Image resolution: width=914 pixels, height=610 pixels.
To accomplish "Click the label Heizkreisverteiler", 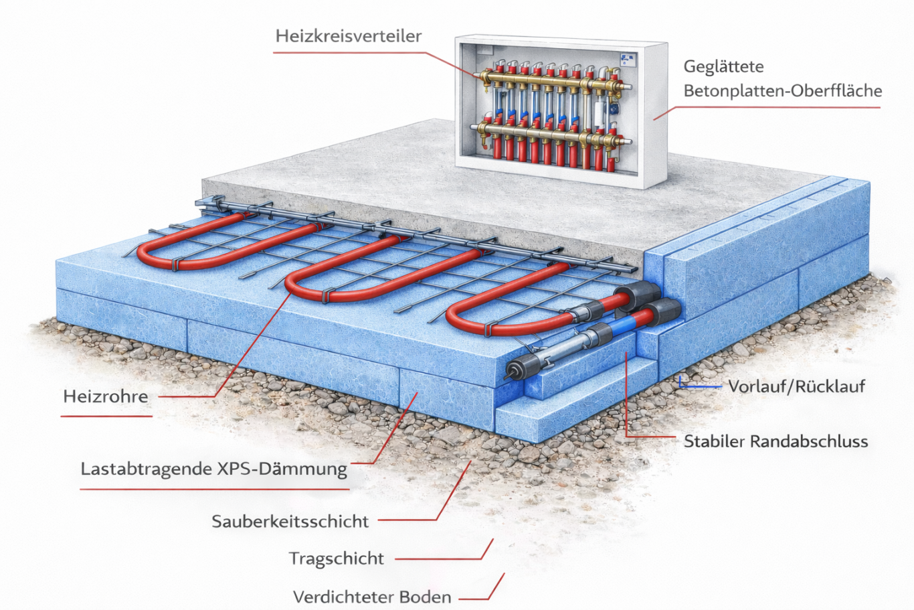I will (348, 35).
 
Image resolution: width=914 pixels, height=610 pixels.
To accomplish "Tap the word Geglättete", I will (723, 67).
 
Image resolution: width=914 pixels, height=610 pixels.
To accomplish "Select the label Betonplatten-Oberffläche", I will (782, 91).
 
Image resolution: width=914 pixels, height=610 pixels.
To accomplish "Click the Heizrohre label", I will (106, 396).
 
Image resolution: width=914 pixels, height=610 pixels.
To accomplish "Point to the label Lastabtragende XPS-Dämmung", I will (213, 469).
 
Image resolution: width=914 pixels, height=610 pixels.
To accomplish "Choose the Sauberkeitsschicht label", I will (290, 522).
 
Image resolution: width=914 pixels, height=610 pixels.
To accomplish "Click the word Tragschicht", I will (337, 558).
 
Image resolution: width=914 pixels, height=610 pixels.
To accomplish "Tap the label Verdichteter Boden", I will (372, 597).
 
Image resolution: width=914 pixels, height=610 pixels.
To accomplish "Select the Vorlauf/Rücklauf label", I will (796, 386).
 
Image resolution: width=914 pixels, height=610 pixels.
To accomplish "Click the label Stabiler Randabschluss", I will (775, 442).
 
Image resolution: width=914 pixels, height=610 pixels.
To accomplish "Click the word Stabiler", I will (713, 442).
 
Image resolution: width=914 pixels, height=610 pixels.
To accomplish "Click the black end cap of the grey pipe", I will (515, 370).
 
